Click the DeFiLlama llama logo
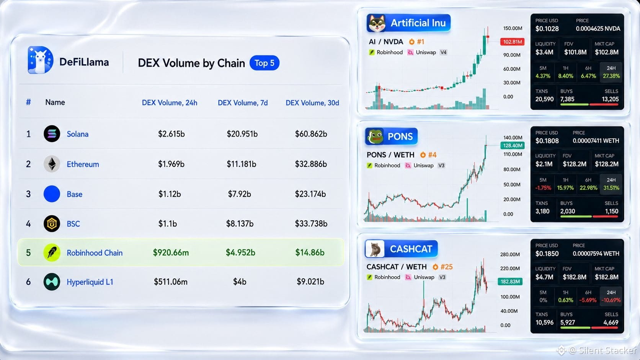click(x=40, y=60)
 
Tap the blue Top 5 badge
click(x=264, y=63)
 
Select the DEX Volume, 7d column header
click(x=243, y=103)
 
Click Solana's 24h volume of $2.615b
click(x=171, y=134)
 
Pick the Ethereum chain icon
click(x=52, y=164)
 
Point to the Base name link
click(x=75, y=194)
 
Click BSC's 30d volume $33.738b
click(x=311, y=223)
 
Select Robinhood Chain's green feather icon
click(x=52, y=252)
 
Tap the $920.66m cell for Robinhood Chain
click(x=171, y=252)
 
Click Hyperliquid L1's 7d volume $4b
click(x=240, y=282)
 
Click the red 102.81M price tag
click(x=512, y=42)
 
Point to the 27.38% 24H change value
click(x=611, y=76)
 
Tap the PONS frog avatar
click(x=375, y=137)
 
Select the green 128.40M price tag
click(x=513, y=146)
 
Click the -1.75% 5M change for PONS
click(x=543, y=188)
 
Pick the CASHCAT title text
click(x=411, y=249)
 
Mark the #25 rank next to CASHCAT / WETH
click(x=447, y=267)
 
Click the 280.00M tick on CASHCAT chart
click(x=510, y=254)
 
